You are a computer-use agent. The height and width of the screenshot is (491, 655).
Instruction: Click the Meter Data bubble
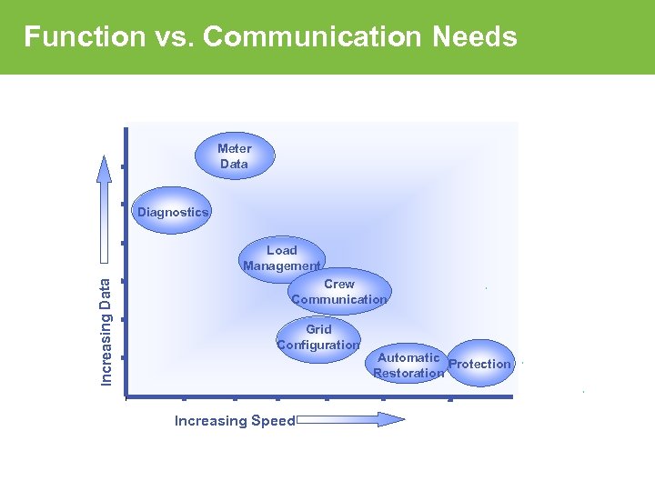click(x=235, y=156)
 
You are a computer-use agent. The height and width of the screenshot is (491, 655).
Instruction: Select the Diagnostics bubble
click(x=173, y=212)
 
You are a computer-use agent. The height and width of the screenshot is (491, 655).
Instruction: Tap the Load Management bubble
click(x=282, y=258)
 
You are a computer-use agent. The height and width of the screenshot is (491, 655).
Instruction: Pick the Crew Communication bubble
click(x=339, y=292)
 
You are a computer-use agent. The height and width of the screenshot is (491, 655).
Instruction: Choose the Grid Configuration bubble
click(x=318, y=337)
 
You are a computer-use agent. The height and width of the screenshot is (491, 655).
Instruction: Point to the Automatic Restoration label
click(x=408, y=366)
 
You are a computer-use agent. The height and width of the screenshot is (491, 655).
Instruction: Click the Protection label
click(x=479, y=365)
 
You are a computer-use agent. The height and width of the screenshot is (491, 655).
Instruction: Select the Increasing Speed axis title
click(x=235, y=421)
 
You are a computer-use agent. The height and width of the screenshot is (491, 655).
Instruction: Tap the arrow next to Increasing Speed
click(x=351, y=419)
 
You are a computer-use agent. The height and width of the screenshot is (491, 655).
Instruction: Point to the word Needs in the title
click(x=475, y=37)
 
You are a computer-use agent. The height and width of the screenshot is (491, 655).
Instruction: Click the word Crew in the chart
click(x=339, y=285)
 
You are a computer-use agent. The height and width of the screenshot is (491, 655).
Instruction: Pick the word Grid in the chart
click(x=318, y=329)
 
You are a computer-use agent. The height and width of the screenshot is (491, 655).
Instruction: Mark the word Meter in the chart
click(x=235, y=148)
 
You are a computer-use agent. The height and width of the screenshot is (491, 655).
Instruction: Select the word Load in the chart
click(x=282, y=250)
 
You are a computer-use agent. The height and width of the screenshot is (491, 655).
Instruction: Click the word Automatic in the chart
click(x=408, y=358)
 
